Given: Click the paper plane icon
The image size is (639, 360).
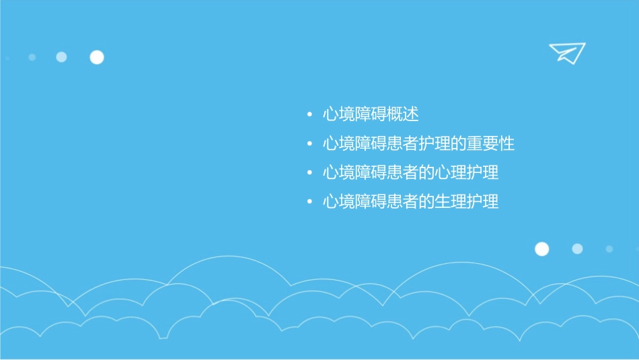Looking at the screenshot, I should coord(566,52).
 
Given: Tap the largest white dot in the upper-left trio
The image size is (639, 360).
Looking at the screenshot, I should coord(97,57).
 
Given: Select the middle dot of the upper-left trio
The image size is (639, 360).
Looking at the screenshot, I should coord(61,57).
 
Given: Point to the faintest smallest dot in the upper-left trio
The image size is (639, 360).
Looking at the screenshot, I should coord(32,57).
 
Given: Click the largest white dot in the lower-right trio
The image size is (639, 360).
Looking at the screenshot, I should coord(541,249).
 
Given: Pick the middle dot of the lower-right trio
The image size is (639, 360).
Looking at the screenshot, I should coord(577,249).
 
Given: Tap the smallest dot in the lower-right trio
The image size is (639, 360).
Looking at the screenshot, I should coord(609,249).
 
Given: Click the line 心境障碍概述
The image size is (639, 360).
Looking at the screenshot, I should coord(371,114).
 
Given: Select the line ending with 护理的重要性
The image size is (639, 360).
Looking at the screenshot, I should coord(418,143).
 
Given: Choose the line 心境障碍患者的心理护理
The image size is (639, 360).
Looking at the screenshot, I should coord(410,172).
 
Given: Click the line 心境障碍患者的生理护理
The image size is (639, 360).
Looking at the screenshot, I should coord(410,201).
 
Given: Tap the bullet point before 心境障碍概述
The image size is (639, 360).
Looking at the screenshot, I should coord(309,115).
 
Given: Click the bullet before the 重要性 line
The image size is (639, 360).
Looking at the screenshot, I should coord(309,144).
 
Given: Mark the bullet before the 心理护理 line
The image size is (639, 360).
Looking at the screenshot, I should coord(309,173).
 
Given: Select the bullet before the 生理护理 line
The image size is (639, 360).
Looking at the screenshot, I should coord(309,202).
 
